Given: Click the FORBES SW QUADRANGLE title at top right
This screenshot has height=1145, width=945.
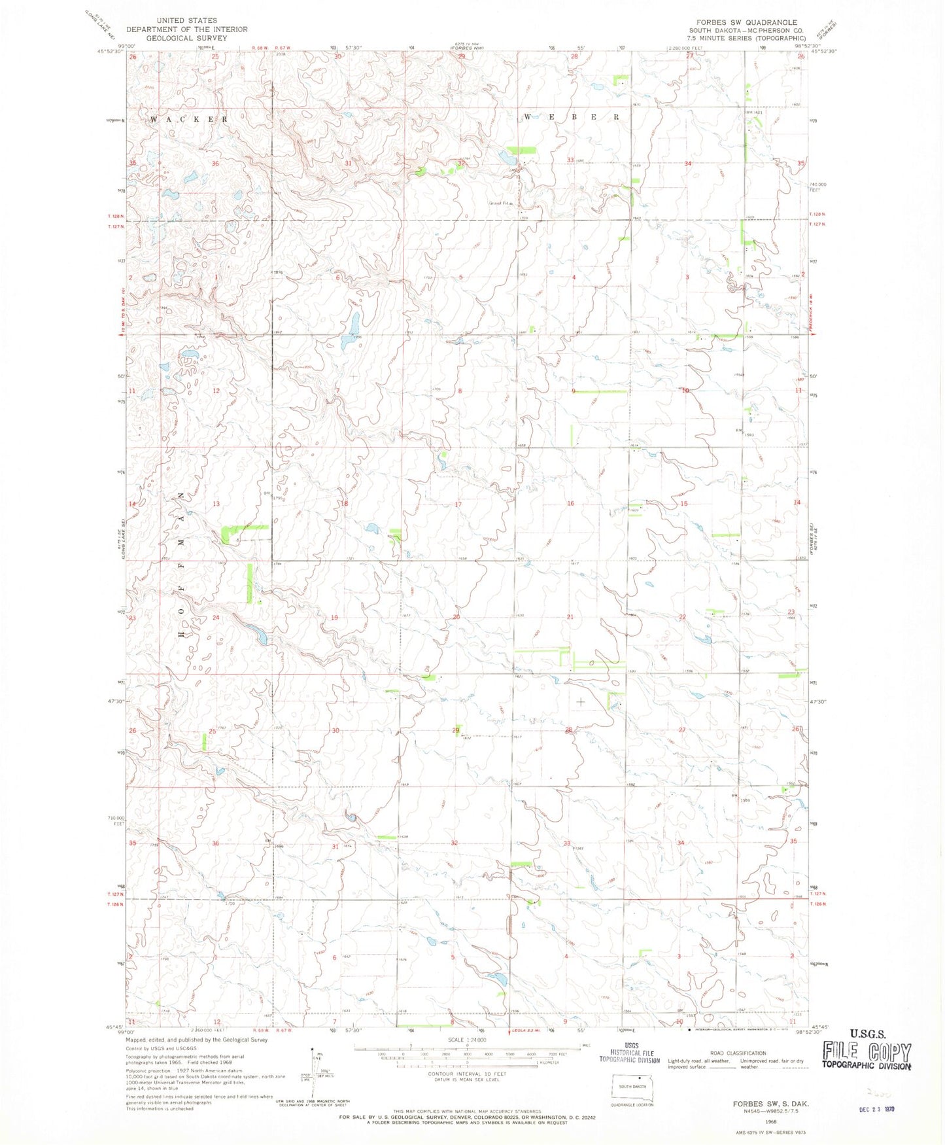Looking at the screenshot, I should click(x=742, y=22).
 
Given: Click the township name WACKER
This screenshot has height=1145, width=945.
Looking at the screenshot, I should click(x=189, y=120).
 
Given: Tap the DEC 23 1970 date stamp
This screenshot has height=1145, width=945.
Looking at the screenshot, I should click(x=877, y=1109).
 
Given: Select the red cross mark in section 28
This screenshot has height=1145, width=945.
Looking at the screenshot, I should click(x=580, y=701).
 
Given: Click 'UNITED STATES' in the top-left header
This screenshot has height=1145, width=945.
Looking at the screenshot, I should click(x=186, y=21).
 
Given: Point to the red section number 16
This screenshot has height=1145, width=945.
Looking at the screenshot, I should click(x=570, y=503).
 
